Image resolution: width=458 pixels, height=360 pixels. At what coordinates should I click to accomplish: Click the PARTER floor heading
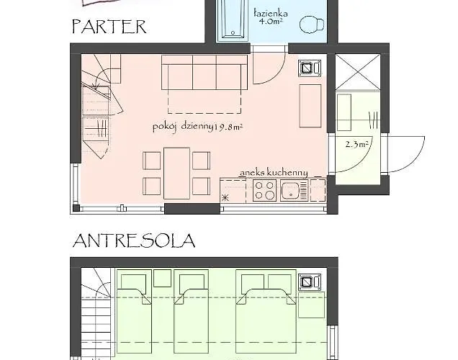click(x=109, y=27)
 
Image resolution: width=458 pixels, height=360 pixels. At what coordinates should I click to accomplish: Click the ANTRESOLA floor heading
click(x=134, y=241)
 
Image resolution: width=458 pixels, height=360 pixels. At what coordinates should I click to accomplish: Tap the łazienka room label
click(x=271, y=14)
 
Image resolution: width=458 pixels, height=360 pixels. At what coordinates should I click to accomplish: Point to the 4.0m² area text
click(x=271, y=22)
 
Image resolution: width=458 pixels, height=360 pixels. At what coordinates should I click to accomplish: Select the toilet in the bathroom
click(x=312, y=24)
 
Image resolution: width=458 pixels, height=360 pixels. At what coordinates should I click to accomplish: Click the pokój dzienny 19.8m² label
click(x=198, y=127)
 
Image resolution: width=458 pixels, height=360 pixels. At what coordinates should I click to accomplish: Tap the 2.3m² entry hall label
click(x=356, y=144)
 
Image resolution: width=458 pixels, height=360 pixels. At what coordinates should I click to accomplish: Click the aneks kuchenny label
click(x=274, y=173)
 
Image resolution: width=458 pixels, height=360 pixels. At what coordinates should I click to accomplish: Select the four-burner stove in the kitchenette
click(x=264, y=190)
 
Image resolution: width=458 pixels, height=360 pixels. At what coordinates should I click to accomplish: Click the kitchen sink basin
click(x=290, y=190)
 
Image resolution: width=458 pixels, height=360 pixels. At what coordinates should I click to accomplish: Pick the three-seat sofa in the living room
click(x=205, y=73)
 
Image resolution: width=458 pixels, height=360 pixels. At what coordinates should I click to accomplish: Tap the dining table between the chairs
click(x=176, y=174)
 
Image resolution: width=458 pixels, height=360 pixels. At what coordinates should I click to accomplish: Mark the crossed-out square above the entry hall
click(x=358, y=72)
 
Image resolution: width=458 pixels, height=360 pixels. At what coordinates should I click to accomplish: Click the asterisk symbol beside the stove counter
click(x=225, y=198)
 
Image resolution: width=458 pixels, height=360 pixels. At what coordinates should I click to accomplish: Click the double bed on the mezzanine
click(x=266, y=312)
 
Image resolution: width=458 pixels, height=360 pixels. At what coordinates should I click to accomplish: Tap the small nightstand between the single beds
click(x=163, y=278)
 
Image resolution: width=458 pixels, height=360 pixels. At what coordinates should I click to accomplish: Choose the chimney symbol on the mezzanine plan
click(x=310, y=282)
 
